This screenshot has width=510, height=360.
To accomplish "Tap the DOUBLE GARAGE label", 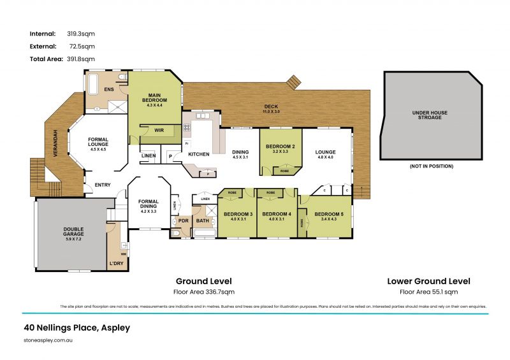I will coord(73,232).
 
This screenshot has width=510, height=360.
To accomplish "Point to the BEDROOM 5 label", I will coord(329,214).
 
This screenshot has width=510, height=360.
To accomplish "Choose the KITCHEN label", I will coord(198,155).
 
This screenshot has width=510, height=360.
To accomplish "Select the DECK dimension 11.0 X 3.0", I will coord(272,112).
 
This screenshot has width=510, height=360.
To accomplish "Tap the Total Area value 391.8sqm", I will coord(81,59).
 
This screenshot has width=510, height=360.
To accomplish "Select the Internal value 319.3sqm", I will coord(81,33).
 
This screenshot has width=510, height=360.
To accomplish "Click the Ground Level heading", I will coord(203,280).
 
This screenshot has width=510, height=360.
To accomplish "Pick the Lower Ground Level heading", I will coord(428,280).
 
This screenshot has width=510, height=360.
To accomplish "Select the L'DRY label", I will coord(116,263).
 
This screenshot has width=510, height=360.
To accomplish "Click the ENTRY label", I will coord(103,185).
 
